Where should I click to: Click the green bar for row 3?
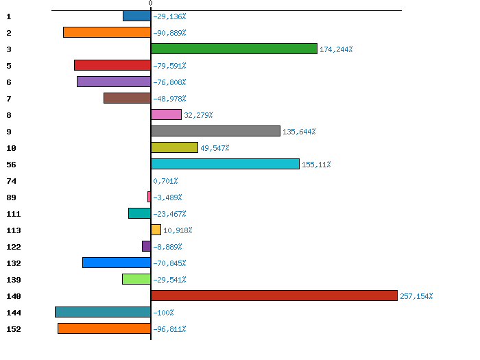point(234,49)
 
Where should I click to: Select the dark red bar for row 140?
point(274,296)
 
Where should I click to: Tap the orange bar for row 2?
point(107,32)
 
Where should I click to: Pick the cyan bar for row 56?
point(225,164)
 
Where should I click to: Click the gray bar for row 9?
point(215,131)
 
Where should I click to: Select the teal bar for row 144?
point(103,312)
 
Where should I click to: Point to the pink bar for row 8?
point(166,115)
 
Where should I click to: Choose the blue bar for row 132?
point(117,263)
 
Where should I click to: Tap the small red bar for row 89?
point(149,197)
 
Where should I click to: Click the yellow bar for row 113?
point(156,230)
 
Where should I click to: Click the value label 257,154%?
point(416,296)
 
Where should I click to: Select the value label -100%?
point(163,313)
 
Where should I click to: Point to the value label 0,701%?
point(165,181)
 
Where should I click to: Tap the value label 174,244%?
point(336,49)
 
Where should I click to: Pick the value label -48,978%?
point(169,99)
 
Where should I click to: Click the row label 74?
point(11,181)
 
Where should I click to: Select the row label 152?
point(13,329)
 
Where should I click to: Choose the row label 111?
point(13,214)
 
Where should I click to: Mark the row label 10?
point(11,148)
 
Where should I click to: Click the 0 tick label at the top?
point(150,3)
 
